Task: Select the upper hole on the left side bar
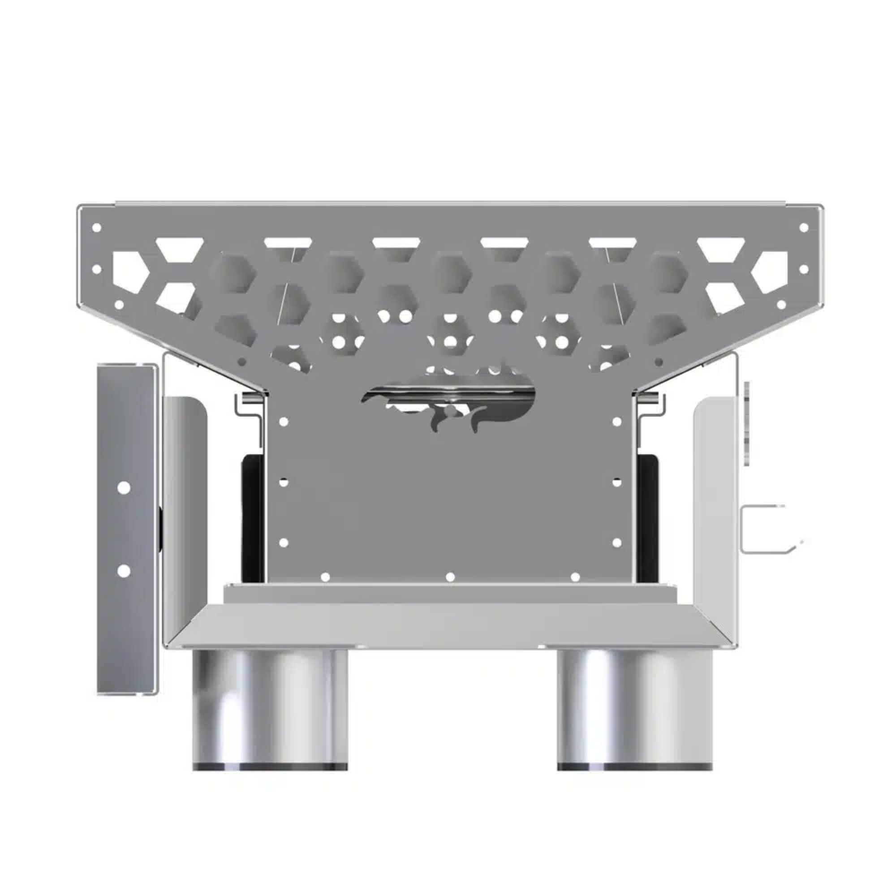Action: (x=124, y=487)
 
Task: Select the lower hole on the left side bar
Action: (x=124, y=571)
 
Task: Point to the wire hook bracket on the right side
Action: (x=765, y=528)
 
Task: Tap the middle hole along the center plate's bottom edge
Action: (x=450, y=577)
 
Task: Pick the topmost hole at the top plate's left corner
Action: (x=97, y=228)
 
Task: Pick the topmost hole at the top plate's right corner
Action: (x=804, y=228)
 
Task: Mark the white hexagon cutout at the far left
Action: (x=130, y=272)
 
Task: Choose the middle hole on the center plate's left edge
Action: (x=284, y=482)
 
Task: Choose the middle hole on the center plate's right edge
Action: (x=617, y=482)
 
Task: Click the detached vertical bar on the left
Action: (x=125, y=529)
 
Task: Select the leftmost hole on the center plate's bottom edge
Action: (x=325, y=577)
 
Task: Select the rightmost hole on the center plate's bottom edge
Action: (x=575, y=577)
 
